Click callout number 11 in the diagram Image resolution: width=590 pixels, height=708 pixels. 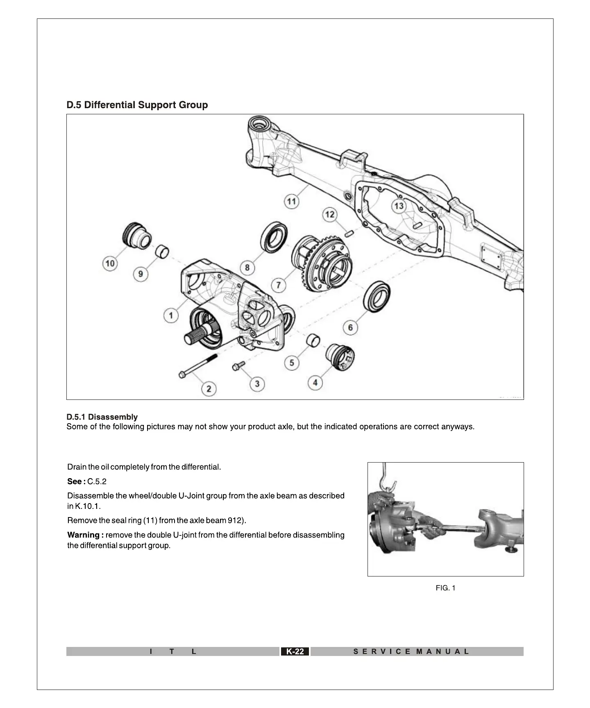291,201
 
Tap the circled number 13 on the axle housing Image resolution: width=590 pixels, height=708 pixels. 399,206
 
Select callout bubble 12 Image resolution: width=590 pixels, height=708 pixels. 330,214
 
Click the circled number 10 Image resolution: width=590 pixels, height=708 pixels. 110,263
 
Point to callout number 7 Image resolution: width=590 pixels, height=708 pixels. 279,285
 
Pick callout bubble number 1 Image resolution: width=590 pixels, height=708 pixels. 171,315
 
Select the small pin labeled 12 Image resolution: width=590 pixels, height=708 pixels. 349,233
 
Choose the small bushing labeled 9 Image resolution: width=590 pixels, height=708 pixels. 162,252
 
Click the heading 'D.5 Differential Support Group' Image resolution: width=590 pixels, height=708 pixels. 137,105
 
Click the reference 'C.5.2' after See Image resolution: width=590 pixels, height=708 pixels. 97,481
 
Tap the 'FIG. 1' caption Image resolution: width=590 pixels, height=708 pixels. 445,588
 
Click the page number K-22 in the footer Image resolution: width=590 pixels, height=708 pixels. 295,651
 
